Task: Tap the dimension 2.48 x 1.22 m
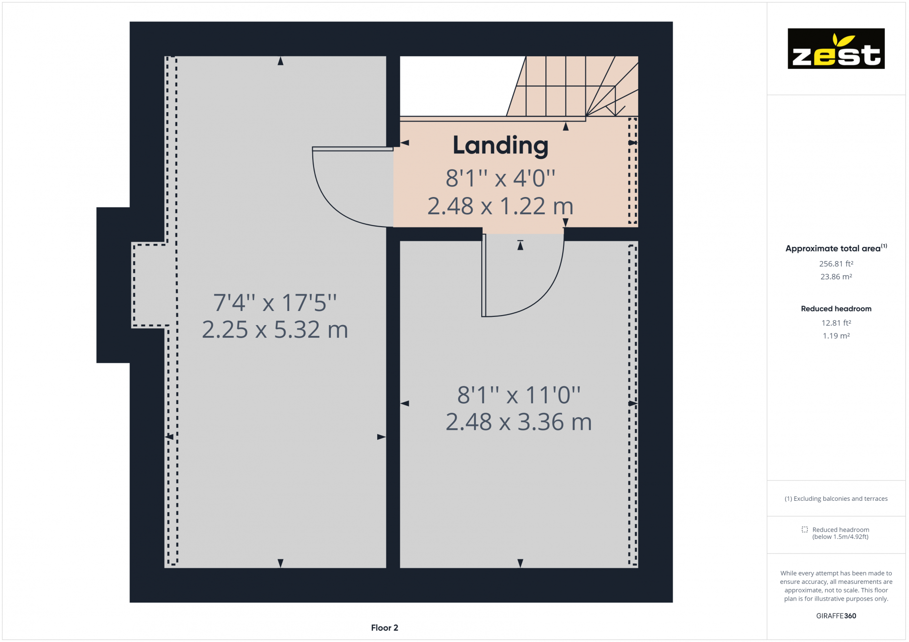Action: (500, 206)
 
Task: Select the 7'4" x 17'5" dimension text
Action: (275, 302)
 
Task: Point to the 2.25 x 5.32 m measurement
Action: (275, 330)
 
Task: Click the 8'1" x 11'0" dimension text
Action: (519, 395)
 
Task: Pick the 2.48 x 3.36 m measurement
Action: (519, 422)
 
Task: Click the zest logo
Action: (836, 49)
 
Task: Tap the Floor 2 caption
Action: (385, 627)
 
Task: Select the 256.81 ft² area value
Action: (836, 264)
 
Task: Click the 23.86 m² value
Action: (836, 277)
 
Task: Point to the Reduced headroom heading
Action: (836, 309)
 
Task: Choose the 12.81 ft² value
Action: (836, 323)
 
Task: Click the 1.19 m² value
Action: (836, 336)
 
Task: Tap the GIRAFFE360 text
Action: (836, 616)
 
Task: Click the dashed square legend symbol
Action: (804, 529)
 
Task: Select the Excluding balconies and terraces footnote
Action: (836, 499)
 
